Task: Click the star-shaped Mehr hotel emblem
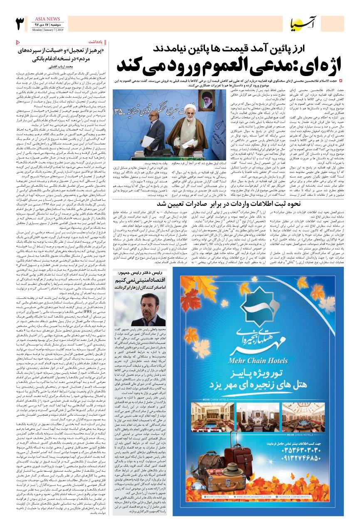pyautogui.click(x=244, y=294)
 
